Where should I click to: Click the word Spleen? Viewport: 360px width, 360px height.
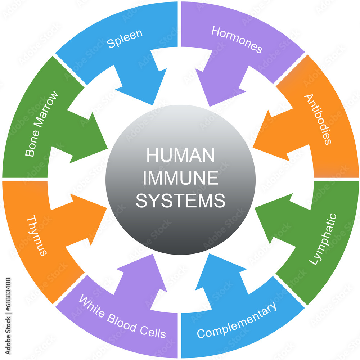click(125, 39)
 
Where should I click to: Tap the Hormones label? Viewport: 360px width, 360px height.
click(237, 40)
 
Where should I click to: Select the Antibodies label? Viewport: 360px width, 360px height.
click(318, 119)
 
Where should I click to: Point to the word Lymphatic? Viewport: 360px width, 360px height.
click(323, 239)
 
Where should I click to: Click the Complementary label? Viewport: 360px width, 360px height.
click(237, 320)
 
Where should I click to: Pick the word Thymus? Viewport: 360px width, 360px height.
click(37, 235)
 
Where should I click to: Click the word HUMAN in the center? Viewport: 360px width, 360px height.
click(180, 155)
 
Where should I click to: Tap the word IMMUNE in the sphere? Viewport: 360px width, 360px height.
click(180, 178)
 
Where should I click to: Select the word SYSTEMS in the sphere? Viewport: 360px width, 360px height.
click(180, 201)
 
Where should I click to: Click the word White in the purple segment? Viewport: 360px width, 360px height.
click(92, 306)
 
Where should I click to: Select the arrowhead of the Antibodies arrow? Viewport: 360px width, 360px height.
click(253, 147)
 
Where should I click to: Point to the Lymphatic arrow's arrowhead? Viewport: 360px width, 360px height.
click(255, 208)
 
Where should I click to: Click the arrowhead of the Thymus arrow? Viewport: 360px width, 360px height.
click(107, 208)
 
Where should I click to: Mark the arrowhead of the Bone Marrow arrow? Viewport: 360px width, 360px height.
click(107, 149)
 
